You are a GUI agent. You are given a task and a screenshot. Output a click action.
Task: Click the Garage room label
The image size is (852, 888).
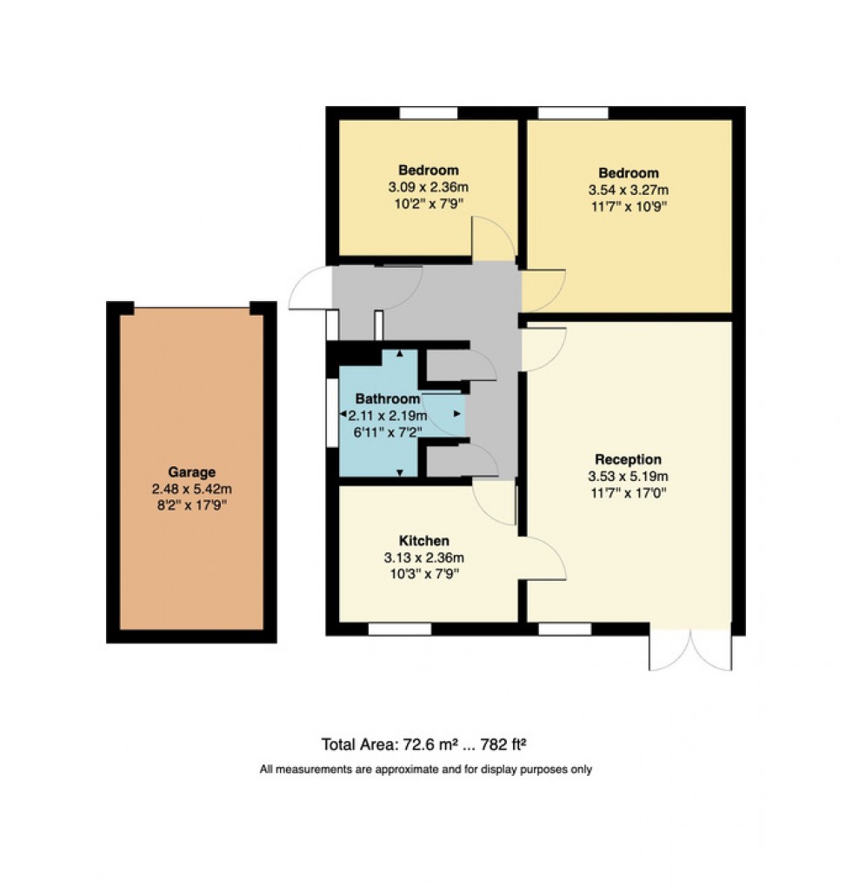point(191,472)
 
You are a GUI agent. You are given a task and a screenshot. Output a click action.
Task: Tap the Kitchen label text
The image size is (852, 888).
point(423,541)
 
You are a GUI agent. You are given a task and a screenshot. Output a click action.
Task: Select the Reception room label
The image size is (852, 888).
point(628,459)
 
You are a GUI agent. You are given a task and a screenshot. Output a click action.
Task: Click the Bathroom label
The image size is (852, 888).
point(387,398)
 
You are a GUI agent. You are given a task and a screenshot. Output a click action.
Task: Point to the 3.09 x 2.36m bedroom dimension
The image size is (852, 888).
point(429,186)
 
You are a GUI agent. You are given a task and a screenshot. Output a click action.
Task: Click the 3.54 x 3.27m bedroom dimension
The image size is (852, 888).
point(628,190)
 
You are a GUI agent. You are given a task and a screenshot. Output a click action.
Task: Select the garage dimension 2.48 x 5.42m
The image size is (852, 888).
point(191,489)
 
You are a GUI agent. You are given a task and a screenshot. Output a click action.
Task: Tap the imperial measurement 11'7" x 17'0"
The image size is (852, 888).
point(628,492)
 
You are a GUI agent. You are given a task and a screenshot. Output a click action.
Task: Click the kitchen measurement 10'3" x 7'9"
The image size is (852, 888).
point(423,574)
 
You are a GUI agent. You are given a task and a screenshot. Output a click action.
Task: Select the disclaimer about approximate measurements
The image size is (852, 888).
point(426,770)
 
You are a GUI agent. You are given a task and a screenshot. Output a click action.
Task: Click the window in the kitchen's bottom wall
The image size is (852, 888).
point(399,629)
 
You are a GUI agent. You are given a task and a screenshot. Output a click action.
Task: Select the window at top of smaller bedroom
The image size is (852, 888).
point(428,113)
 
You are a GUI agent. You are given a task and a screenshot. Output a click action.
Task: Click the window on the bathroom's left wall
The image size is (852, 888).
point(331,412)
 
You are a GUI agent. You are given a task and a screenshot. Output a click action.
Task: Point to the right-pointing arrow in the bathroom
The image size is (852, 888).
point(457,414)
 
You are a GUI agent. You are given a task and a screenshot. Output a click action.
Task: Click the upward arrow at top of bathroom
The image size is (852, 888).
point(399,354)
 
